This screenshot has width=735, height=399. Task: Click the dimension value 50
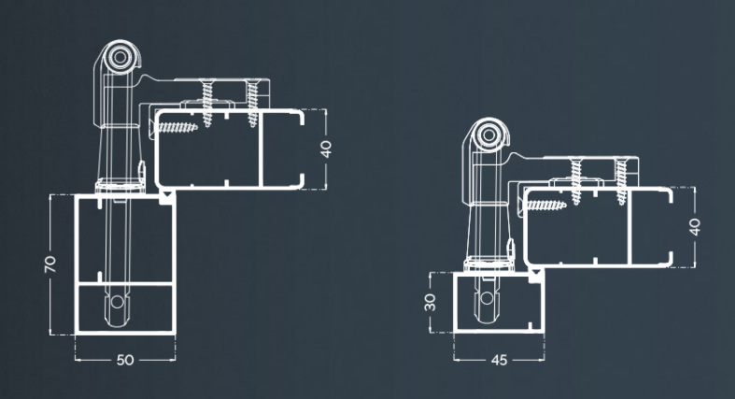pos(124,359)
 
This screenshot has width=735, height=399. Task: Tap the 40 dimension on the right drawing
pos(697,225)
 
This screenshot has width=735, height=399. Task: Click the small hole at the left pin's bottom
pos(118,304)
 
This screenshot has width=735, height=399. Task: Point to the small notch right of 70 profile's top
pos(167,198)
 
